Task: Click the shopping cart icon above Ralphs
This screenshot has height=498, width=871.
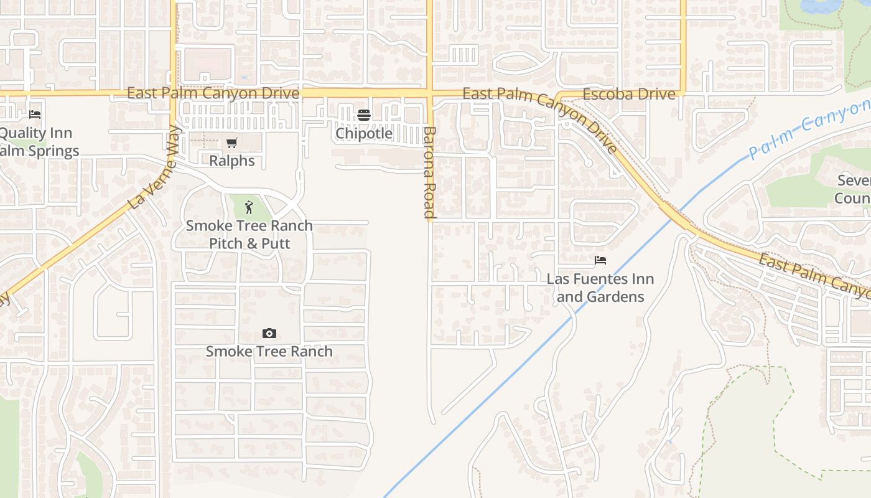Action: click(232, 143)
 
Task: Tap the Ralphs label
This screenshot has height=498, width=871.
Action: click(232, 161)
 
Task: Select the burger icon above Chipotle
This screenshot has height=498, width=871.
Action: click(364, 115)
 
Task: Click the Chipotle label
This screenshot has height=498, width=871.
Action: click(364, 133)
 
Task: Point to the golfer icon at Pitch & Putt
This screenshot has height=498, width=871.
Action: click(249, 207)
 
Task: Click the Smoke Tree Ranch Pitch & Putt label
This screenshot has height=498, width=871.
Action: click(249, 234)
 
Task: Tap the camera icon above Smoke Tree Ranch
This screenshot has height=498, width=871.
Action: click(269, 334)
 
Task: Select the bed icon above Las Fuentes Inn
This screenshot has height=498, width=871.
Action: click(600, 260)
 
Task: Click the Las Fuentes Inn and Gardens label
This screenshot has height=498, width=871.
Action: click(600, 288)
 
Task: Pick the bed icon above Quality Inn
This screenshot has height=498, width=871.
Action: click(35, 115)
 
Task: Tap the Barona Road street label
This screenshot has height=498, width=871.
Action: click(429, 172)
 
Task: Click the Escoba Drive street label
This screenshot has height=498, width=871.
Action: click(629, 94)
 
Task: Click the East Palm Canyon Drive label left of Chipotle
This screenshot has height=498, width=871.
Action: click(213, 93)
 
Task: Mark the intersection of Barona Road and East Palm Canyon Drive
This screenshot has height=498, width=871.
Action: click(429, 93)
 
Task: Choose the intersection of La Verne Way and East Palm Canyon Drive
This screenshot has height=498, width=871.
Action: click(174, 93)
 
